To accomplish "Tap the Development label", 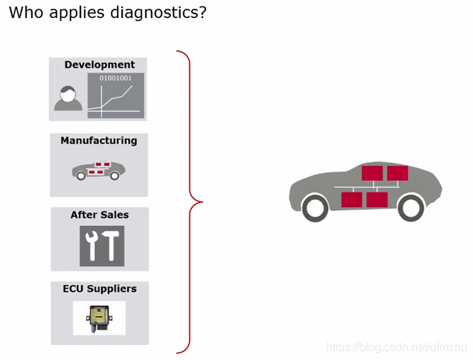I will [99, 65].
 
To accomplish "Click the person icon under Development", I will [68, 99].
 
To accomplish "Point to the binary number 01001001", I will [115, 77].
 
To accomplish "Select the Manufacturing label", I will [98, 141].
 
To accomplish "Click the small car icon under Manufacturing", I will [98, 170].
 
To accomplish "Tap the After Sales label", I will [99, 215].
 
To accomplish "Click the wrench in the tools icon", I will [92, 246].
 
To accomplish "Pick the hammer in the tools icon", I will [112, 246].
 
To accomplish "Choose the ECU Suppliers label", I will [99, 289].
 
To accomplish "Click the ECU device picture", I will [99, 316].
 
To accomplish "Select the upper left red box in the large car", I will [373, 173].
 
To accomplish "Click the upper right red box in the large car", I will [398, 173].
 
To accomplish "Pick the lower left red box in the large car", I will [352, 199].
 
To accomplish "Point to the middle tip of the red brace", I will [202, 202].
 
